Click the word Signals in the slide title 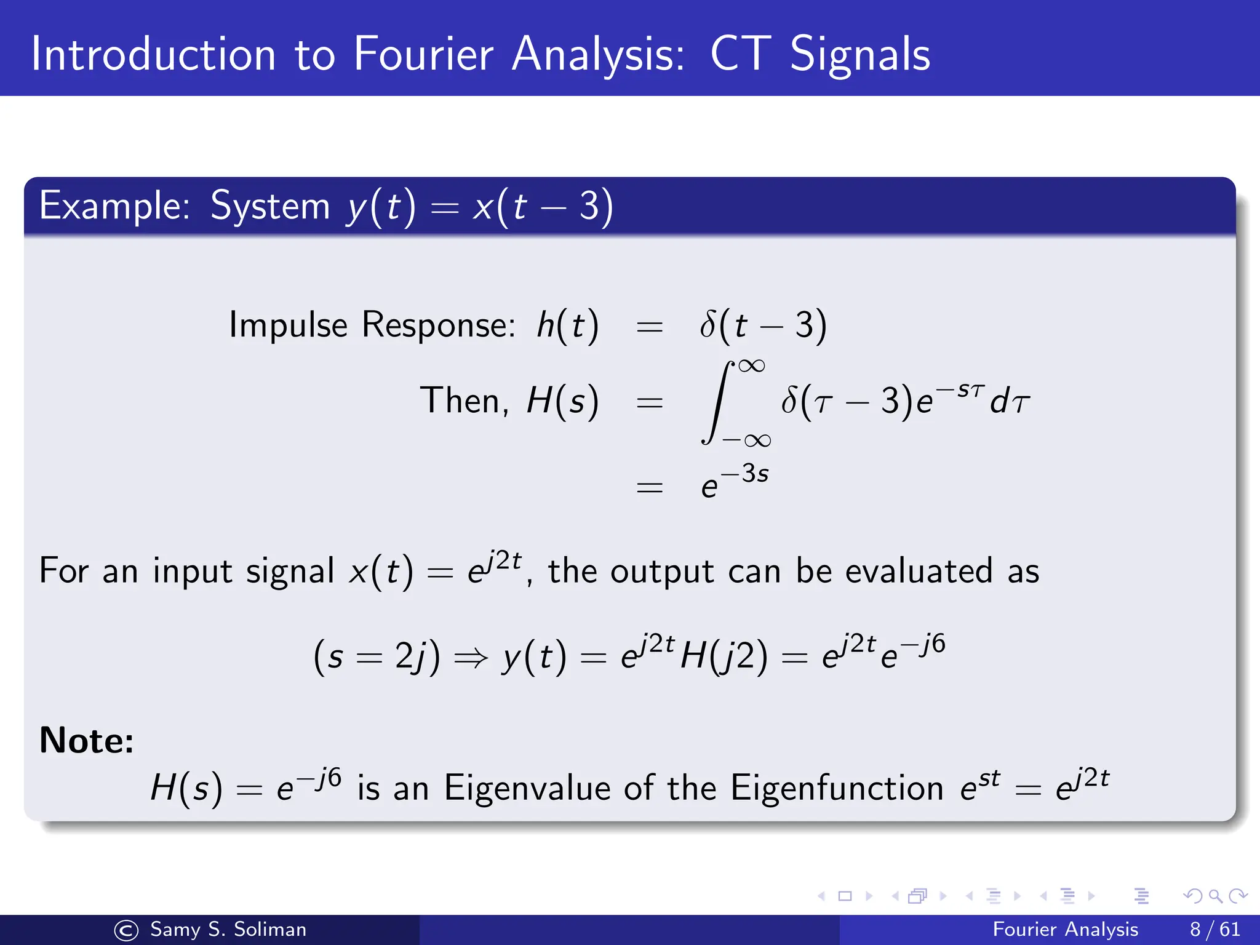[x=859, y=54]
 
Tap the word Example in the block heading [x=114, y=205]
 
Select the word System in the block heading [x=270, y=205]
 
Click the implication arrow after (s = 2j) [x=471, y=658]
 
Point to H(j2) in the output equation [x=724, y=656]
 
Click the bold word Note [x=86, y=740]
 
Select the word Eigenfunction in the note [x=836, y=788]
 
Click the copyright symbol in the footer [x=127, y=930]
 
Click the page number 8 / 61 [x=1214, y=929]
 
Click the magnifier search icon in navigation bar [x=1215, y=896]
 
